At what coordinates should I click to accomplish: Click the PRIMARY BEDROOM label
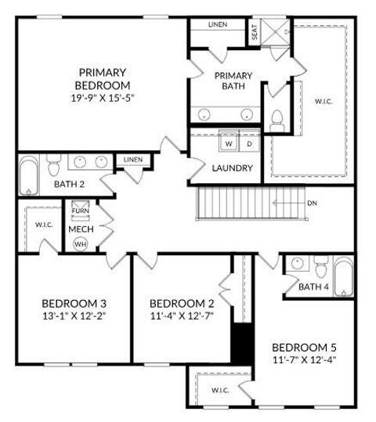pos(103,78)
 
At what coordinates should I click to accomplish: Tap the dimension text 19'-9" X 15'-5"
pos(103,99)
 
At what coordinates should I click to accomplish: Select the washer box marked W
pos(230,144)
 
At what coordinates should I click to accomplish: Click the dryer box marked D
pos(250,144)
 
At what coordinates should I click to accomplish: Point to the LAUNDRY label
pos(232,168)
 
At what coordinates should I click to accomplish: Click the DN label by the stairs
pos(312,204)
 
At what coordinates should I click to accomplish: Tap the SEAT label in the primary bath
pos(255,32)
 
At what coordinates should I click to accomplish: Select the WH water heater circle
pos(80,244)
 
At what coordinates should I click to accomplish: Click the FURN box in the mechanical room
pos(80,211)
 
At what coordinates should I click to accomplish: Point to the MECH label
pos(81,229)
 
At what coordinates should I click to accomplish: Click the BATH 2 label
pos(69,184)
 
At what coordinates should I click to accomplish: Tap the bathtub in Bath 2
pos(28,176)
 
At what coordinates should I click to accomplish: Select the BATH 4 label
pos(314,287)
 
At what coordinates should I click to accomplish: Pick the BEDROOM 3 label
pos(74,304)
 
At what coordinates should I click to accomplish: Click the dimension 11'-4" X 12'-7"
pos(182,316)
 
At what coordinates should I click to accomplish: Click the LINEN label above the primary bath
pos(218,24)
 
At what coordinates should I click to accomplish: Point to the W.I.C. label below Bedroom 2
pos(220,390)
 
